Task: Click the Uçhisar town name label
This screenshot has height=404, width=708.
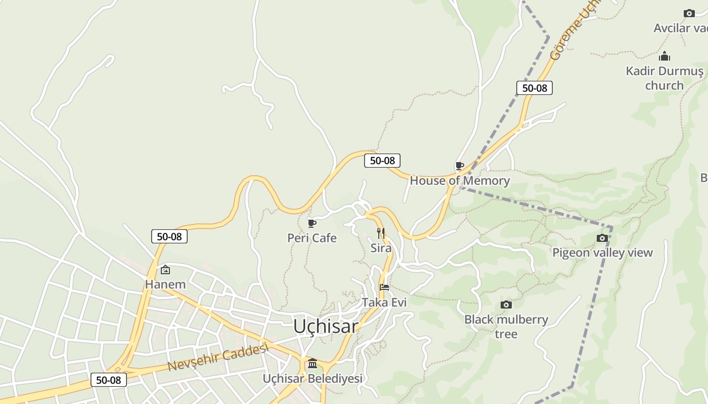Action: [x=326, y=326]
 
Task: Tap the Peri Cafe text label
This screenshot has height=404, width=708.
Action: [x=312, y=238]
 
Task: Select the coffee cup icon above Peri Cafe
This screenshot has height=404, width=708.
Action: [x=312, y=223]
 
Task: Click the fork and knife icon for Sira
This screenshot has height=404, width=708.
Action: [x=381, y=233]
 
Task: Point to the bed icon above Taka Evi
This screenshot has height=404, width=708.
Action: [x=384, y=287]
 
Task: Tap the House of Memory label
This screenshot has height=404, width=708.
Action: [x=460, y=180]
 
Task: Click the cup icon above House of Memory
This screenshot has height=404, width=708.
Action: [x=459, y=166]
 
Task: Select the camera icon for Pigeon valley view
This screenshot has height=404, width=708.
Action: [x=602, y=238]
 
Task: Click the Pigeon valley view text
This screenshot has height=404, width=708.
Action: [x=602, y=252]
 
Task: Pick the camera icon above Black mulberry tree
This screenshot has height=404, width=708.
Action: [x=506, y=305]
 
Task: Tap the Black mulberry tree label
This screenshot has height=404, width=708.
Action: [x=506, y=326]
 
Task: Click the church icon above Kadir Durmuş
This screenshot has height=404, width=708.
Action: [x=665, y=56]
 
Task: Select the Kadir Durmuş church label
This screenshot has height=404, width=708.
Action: [x=665, y=78]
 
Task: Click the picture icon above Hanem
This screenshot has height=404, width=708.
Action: [x=165, y=270]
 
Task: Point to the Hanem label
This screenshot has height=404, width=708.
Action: [x=165, y=284]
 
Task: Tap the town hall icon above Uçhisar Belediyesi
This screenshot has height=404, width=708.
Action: [x=313, y=364]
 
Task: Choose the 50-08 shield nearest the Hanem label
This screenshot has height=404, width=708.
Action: [x=169, y=236]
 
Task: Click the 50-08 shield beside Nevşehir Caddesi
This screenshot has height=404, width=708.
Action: [x=109, y=380]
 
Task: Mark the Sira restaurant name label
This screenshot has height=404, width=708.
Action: [x=381, y=248]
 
